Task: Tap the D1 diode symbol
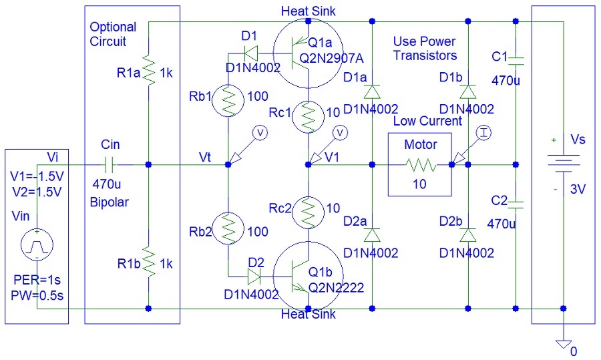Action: [x=251, y=51]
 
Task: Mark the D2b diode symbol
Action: [x=469, y=235]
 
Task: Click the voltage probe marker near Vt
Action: [x=261, y=134]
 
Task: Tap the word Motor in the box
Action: [x=421, y=145]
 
